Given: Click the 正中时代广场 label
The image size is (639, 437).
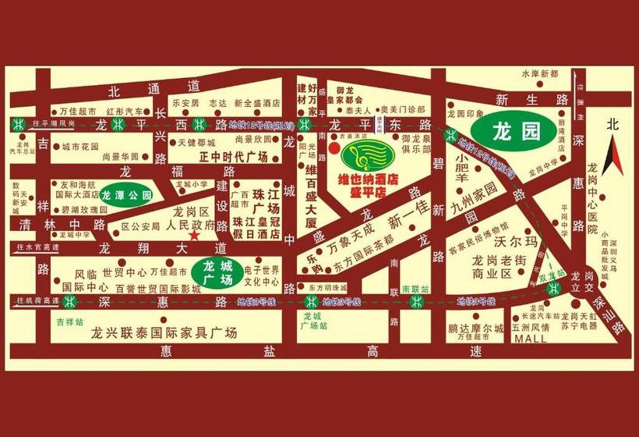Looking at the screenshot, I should point(223,157).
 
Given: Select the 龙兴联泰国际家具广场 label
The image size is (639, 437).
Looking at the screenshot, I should point(163,333).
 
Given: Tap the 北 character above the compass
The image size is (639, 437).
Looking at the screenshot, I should point(613,125).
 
